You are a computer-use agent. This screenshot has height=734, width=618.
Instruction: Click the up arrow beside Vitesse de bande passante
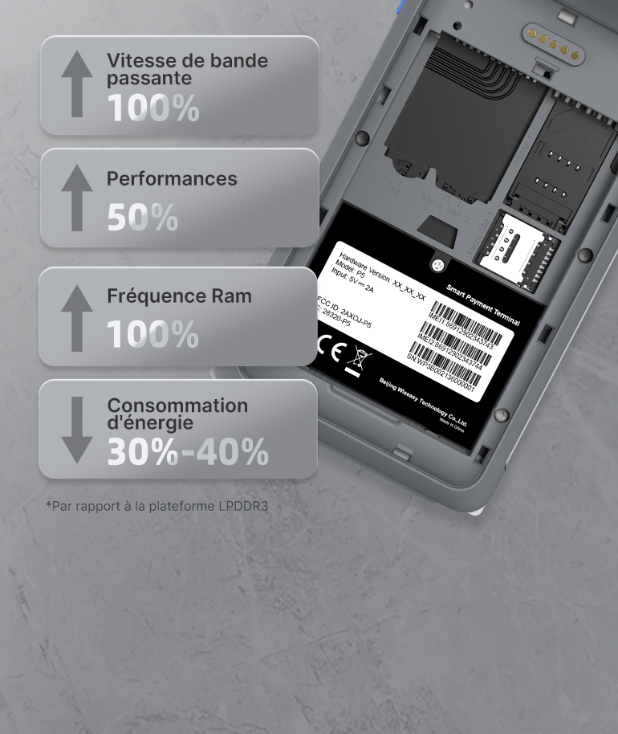click(x=76, y=84)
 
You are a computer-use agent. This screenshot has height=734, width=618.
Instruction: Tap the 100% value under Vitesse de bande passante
click(x=152, y=108)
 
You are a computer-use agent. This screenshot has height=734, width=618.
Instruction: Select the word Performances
click(x=172, y=178)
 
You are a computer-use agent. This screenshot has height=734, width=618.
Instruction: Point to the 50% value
click(x=142, y=217)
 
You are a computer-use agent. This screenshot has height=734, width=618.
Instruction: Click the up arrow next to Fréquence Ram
click(x=76, y=318)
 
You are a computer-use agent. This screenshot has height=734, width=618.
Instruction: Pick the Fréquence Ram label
click(x=179, y=296)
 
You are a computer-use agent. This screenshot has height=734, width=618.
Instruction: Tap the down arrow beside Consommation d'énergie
click(x=76, y=429)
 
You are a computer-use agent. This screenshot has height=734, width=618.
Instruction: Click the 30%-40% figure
click(x=188, y=452)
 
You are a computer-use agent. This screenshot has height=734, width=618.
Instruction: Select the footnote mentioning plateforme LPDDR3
click(x=157, y=507)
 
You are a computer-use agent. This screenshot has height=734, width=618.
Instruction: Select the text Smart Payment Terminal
click(x=482, y=304)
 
